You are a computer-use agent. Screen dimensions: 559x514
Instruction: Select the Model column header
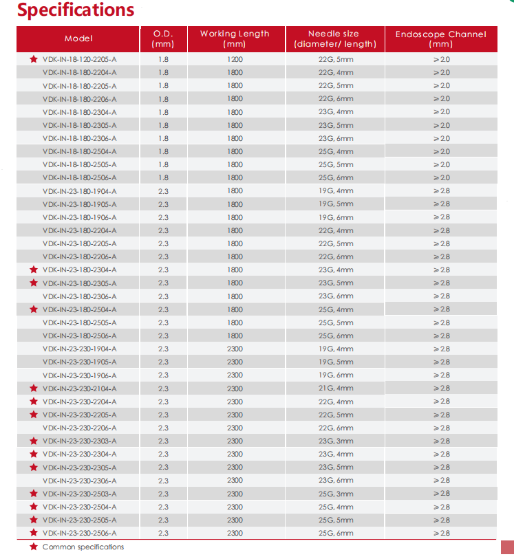coord(78,39)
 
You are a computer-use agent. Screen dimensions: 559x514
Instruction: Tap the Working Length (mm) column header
coord(235,39)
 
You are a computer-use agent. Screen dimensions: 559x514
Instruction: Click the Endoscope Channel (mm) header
coord(440,39)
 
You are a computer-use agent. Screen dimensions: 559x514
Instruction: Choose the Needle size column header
coord(334,39)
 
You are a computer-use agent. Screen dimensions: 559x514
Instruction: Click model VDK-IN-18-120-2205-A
coord(79,59)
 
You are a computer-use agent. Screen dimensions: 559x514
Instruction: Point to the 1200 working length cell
coord(235,59)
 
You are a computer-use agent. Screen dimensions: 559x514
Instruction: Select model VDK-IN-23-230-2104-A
coord(79,388)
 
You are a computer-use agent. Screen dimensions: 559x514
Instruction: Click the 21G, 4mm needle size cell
coord(336,388)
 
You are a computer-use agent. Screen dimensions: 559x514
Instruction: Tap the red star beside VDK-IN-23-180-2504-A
coord(33,309)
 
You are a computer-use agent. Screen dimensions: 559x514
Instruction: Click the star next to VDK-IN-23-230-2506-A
coord(33,533)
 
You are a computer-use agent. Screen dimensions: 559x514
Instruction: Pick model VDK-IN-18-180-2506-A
coord(79,177)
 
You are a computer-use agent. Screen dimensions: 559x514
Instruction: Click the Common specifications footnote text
coord(83,547)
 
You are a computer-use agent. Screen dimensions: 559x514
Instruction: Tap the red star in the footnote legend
coord(33,547)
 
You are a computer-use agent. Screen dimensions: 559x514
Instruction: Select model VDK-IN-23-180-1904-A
coord(79,190)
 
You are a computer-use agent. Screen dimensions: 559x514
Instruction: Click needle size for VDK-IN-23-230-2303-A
coord(336,441)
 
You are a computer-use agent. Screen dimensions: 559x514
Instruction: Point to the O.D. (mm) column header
coord(163,39)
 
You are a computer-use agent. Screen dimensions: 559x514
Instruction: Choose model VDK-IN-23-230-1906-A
coord(79,375)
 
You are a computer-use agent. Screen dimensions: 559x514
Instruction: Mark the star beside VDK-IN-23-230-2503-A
coord(33,494)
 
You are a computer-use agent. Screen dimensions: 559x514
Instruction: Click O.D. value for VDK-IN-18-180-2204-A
coord(163,72)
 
